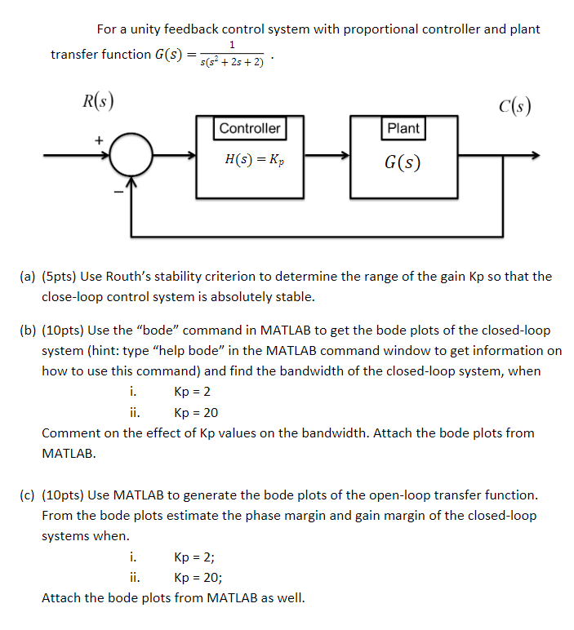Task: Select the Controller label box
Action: (x=250, y=128)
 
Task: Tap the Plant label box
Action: (x=403, y=128)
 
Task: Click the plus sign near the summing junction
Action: (x=99, y=140)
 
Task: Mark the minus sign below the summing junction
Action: (x=117, y=192)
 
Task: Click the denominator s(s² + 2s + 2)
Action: (x=233, y=63)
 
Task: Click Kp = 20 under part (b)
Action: (x=196, y=413)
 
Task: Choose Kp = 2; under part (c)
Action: (x=194, y=558)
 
